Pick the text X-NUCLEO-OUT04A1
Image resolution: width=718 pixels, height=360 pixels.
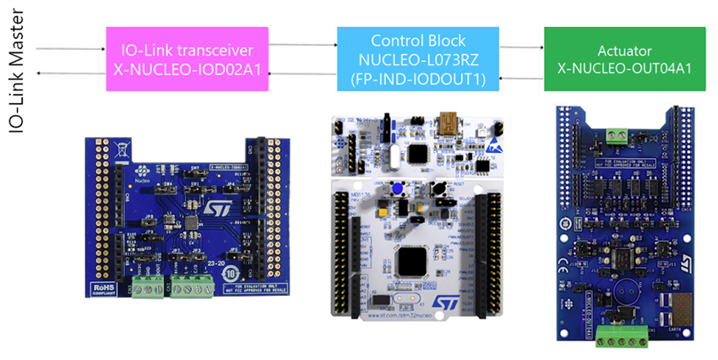(624, 67)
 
